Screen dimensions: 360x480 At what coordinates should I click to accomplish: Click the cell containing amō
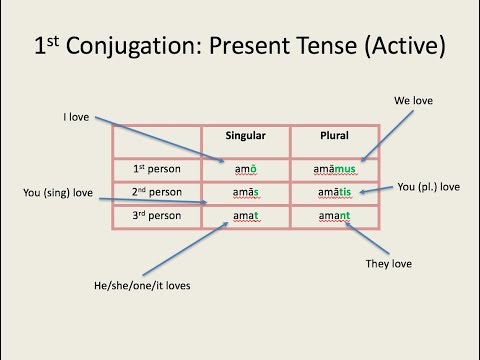[x=246, y=167]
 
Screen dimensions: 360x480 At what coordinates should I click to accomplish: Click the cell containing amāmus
[x=334, y=167]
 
